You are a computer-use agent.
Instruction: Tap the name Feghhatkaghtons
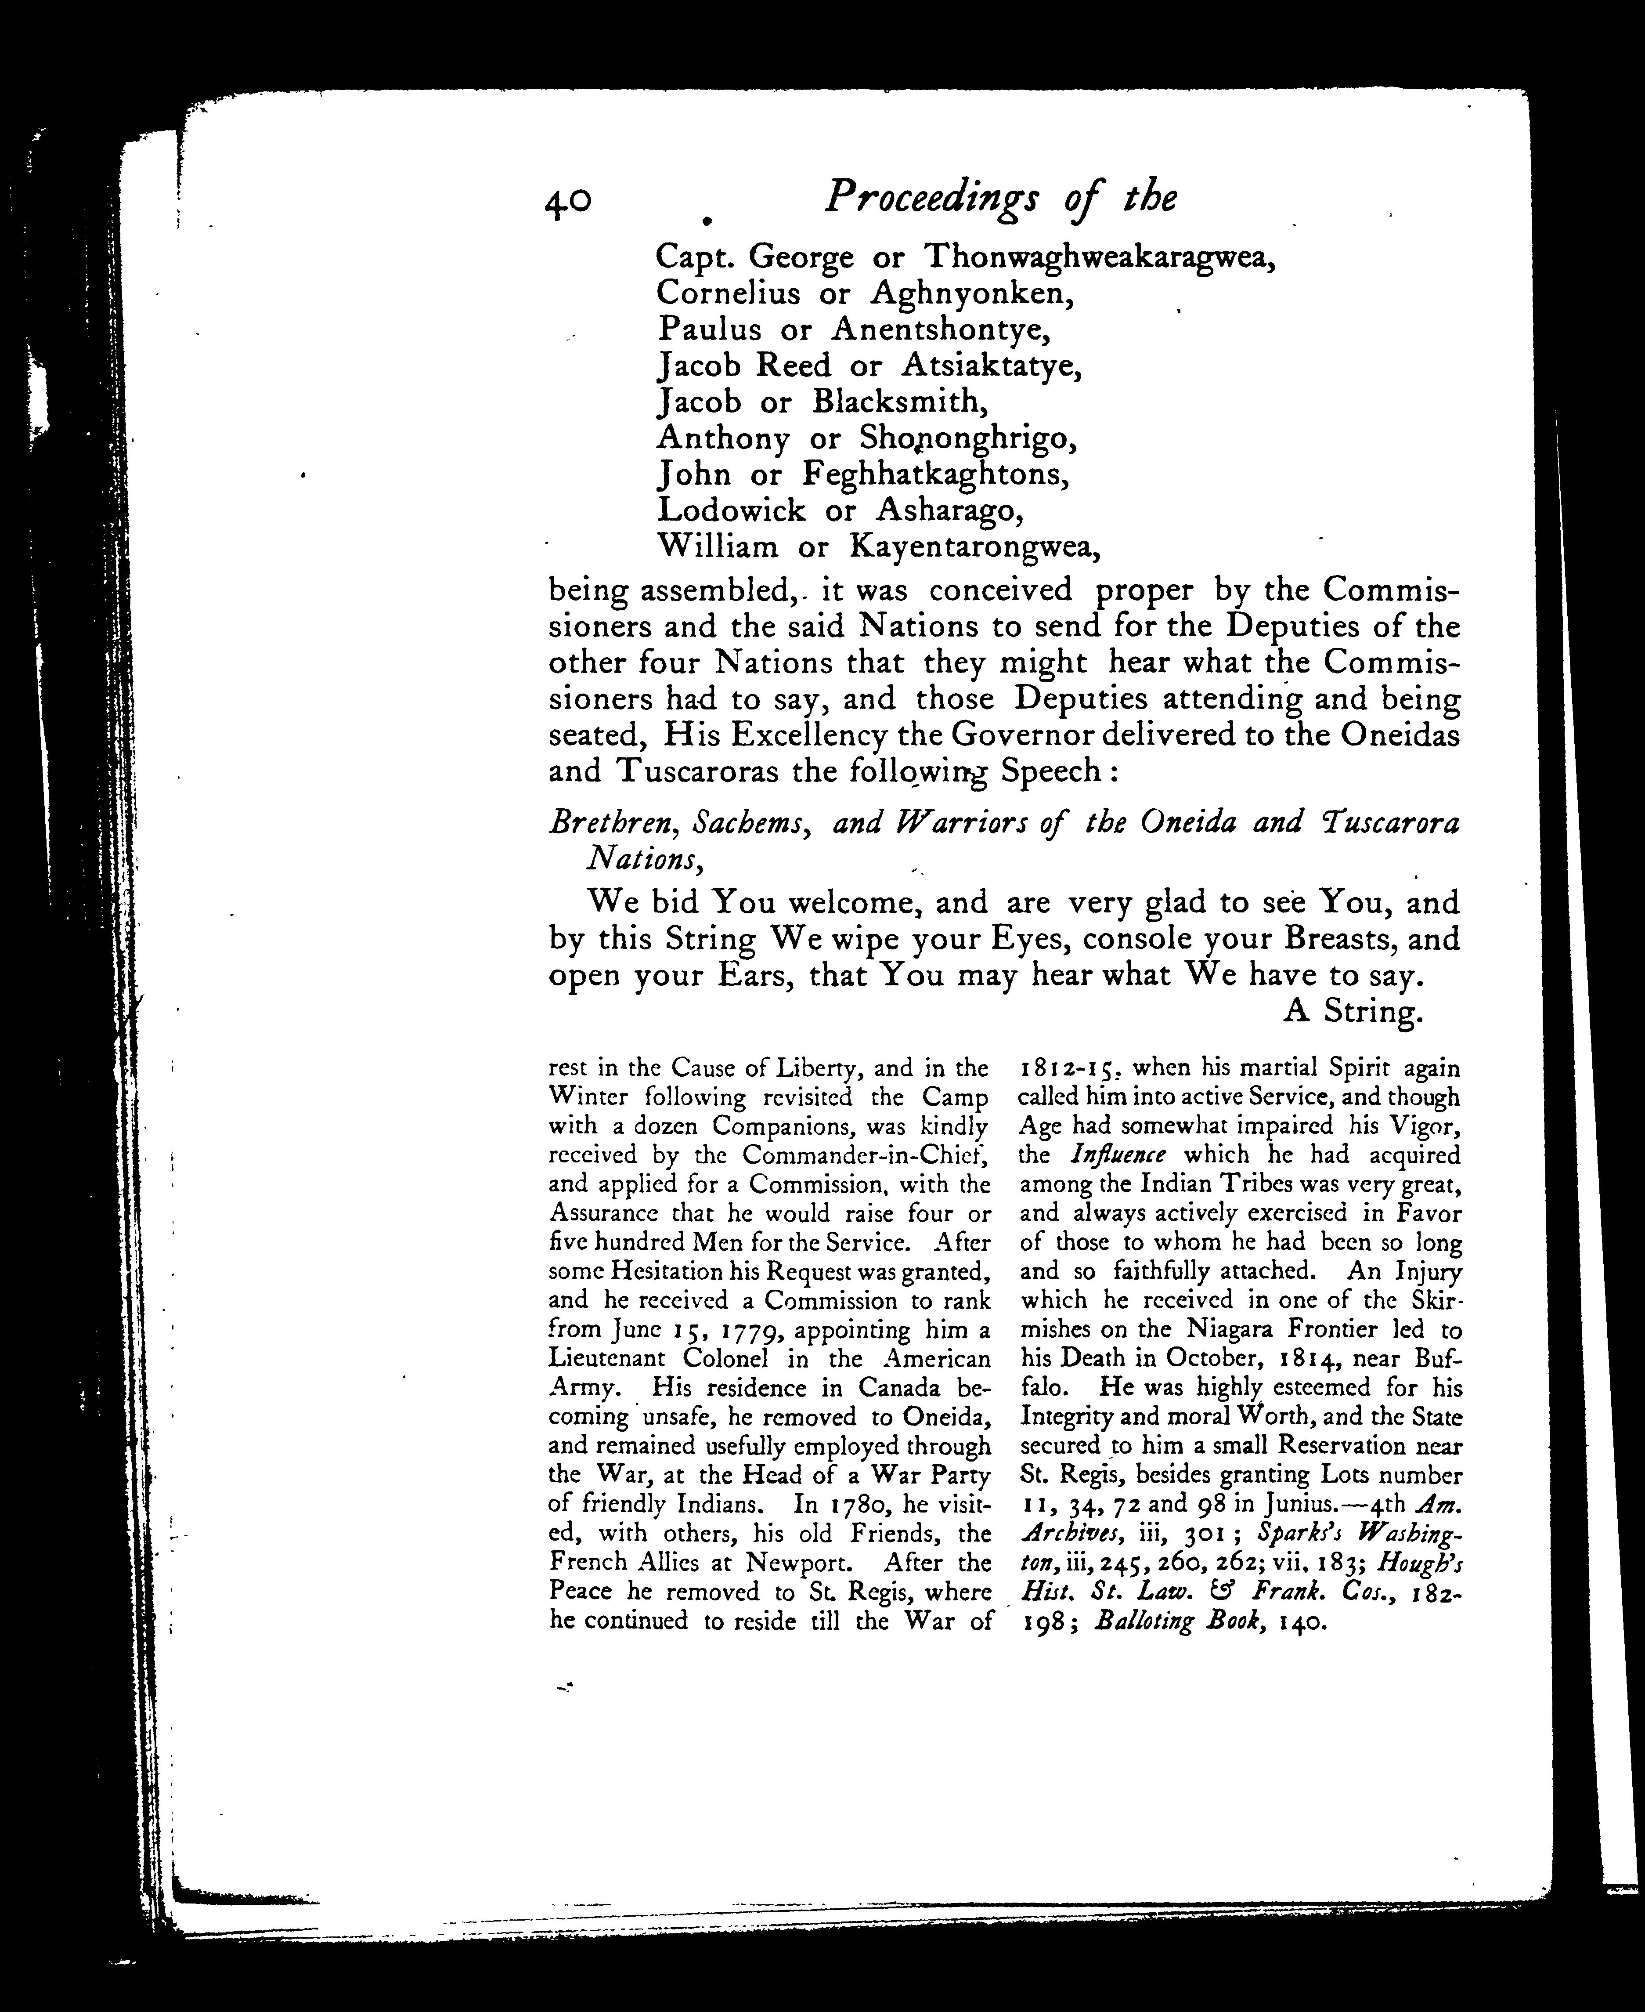click(x=936, y=474)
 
